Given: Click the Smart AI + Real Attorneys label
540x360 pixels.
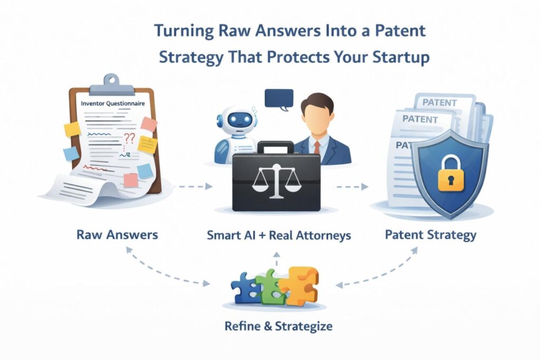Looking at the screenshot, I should pos(278,235).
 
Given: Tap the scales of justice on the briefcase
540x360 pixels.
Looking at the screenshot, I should pos(276,180).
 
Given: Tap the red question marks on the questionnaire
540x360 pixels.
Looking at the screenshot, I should pos(129,139).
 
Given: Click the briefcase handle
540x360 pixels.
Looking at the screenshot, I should pos(275,146).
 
